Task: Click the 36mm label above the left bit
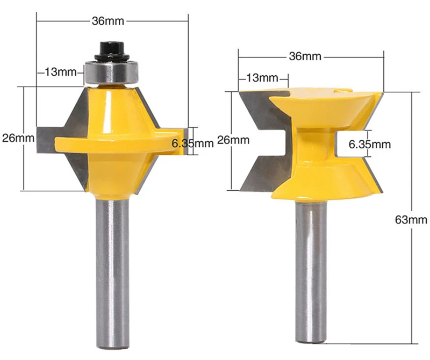click(x=108, y=21)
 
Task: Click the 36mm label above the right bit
click(x=305, y=56)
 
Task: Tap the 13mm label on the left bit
click(x=61, y=72)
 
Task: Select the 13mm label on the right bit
click(x=262, y=78)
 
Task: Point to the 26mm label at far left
click(x=18, y=138)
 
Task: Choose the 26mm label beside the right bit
click(x=233, y=140)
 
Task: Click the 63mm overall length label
click(x=411, y=220)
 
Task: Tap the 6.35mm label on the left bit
click(x=192, y=143)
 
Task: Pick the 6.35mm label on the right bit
click(x=370, y=144)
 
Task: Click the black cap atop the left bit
click(x=112, y=51)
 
